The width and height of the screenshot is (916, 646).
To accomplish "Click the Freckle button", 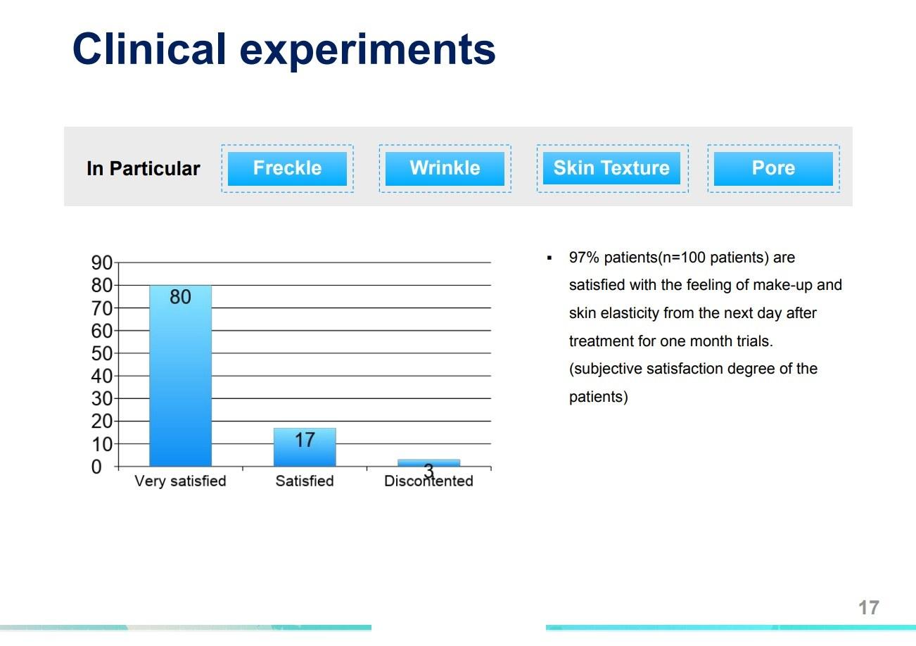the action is point(287,169).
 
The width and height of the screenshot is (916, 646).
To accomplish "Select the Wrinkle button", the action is point(445,169).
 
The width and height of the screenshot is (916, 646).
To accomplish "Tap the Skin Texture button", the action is point(612,168).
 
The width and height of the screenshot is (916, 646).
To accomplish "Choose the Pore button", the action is point(773,169).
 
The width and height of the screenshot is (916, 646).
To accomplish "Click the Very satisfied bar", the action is point(180,376).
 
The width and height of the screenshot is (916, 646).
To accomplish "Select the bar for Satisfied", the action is point(305,447).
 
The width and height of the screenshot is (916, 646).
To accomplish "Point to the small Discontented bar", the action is point(429,463).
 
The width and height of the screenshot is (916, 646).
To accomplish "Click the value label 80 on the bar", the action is point(180,297).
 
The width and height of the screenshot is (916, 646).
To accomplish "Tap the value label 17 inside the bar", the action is point(305,441).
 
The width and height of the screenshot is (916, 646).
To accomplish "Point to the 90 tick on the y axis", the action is point(102,262).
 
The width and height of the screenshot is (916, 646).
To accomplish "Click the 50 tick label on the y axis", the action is point(102,353).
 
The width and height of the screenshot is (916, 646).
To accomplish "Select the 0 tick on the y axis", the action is point(96,467).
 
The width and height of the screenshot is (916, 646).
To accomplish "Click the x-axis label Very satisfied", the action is point(180,481).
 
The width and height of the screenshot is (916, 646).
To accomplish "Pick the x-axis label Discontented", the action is point(428,481).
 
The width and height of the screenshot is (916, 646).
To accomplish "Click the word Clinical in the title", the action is point(149,49).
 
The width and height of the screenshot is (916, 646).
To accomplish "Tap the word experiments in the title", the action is point(368,51).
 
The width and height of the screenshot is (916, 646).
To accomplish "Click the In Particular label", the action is point(143,169).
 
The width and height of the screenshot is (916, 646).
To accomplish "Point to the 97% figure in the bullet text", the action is point(584,258).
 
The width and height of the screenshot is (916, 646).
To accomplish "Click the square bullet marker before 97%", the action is point(549,258).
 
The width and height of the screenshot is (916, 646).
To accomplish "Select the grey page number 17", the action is point(869,608).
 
